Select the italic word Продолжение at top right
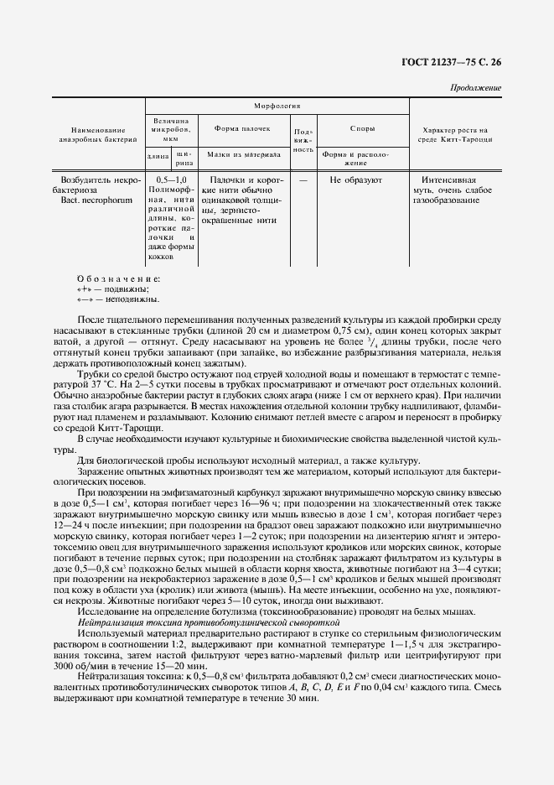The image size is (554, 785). [x=476, y=87]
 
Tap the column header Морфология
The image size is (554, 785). [x=277, y=107]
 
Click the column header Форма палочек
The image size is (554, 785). [x=242, y=129]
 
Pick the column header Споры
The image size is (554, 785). [x=362, y=129]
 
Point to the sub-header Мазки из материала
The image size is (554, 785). [x=244, y=154]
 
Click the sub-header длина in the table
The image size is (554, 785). [x=158, y=156]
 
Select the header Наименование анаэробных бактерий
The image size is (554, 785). [x=97, y=134]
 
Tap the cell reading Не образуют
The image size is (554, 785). [x=356, y=179]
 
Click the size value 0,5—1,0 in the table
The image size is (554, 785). [x=171, y=179]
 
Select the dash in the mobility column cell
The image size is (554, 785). [x=303, y=179]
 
